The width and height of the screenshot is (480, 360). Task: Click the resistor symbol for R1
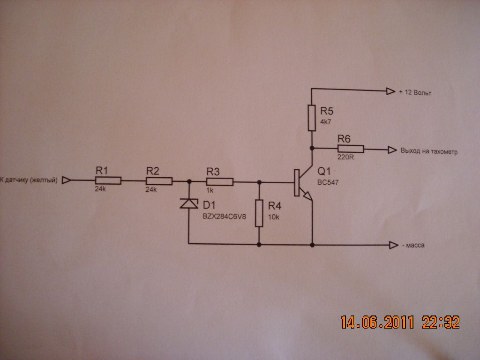108,180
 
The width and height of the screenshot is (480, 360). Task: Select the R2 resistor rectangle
159,181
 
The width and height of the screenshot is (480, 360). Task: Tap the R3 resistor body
220,182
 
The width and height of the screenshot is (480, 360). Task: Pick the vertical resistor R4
259,213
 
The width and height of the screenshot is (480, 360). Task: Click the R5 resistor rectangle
312,118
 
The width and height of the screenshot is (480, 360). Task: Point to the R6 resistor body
351,149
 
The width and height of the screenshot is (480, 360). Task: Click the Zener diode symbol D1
189,203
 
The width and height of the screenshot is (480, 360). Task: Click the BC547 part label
328,182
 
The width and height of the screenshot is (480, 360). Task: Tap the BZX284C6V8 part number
224,217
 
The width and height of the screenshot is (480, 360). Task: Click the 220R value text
345,157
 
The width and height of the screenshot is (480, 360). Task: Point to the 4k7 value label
326,122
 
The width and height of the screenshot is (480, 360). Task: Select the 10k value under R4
274,217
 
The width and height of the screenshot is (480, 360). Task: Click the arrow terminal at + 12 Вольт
390,91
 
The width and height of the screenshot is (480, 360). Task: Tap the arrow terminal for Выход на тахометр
392,150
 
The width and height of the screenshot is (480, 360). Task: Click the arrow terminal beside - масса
393,245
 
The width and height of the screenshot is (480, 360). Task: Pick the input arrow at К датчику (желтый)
66,180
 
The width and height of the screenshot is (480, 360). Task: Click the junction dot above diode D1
189,181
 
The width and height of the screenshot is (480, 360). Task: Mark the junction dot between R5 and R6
312,148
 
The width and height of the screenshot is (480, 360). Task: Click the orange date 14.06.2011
377,322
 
